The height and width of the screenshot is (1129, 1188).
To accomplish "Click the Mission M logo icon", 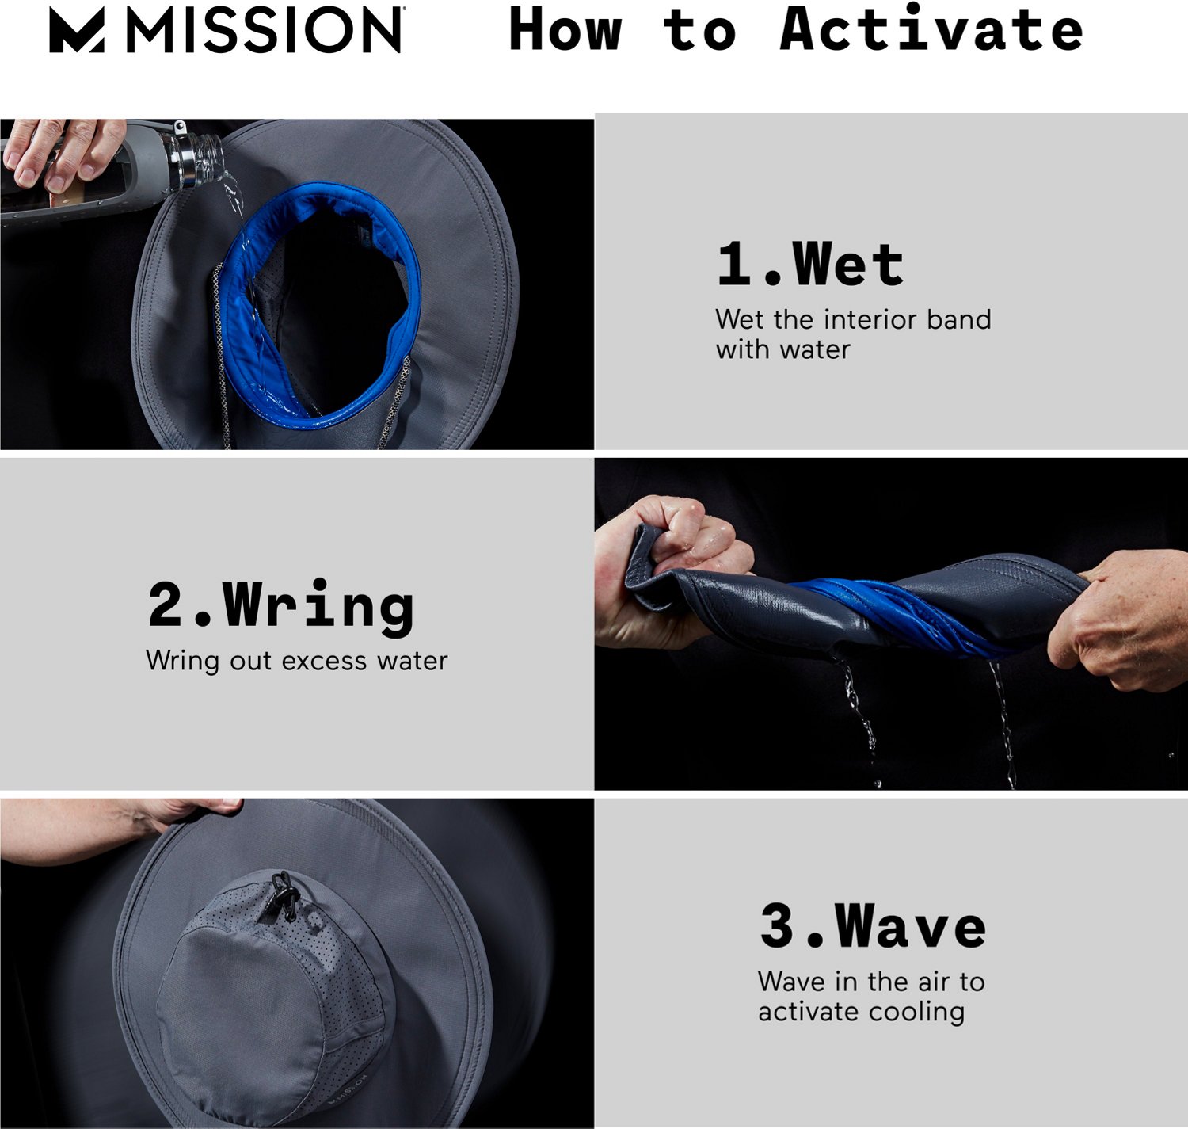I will pyautogui.click(x=77, y=31).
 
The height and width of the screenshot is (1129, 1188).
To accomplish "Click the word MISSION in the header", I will pyautogui.click(x=265, y=31).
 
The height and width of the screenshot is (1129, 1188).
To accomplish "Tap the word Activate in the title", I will pyautogui.click(x=931, y=29).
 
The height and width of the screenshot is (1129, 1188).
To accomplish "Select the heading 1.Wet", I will pyautogui.click(x=809, y=265).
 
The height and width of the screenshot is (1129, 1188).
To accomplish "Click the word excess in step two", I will pyautogui.click(x=324, y=661).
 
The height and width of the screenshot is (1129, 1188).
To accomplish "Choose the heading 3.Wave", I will pyautogui.click(x=873, y=925).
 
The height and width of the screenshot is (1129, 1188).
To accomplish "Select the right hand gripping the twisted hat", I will pyautogui.click(x=1125, y=618).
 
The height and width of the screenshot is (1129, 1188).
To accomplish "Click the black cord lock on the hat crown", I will pyautogui.click(x=284, y=895).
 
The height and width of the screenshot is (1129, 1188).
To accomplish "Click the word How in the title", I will pyautogui.click(x=565, y=29).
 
